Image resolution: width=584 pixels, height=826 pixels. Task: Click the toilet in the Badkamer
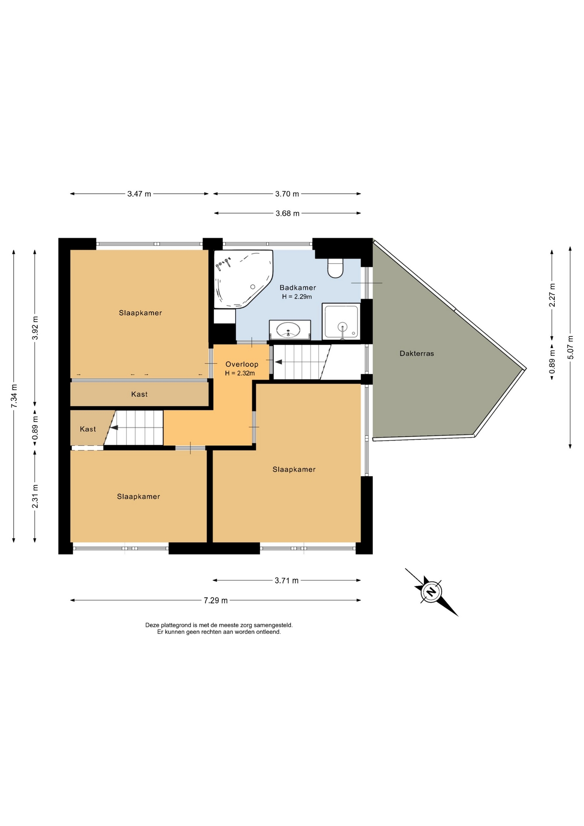[x=335, y=268]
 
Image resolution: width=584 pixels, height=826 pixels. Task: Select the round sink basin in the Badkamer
[x=288, y=330]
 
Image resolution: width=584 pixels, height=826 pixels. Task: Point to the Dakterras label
[x=417, y=354]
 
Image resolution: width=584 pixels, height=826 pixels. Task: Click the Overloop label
[x=242, y=364]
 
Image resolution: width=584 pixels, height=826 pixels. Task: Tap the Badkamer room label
[x=298, y=288]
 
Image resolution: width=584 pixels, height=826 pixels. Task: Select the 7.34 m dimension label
[x=14, y=396]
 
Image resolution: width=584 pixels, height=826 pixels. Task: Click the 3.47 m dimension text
[x=139, y=194]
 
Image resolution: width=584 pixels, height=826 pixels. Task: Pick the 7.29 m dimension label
[x=216, y=601]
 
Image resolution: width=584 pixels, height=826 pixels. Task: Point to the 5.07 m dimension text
[x=571, y=347]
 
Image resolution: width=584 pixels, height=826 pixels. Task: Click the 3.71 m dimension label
[x=286, y=581]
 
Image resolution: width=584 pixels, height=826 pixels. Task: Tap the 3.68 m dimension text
[x=287, y=213]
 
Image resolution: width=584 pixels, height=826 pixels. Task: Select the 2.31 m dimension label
[x=35, y=496]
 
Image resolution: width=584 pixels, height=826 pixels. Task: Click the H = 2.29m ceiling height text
[x=297, y=297]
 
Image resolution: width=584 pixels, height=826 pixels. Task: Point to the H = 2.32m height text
[x=240, y=373]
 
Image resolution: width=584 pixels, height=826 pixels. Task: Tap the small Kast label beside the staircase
[x=88, y=429]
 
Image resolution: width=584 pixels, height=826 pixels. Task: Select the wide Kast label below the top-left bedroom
[x=139, y=395]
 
